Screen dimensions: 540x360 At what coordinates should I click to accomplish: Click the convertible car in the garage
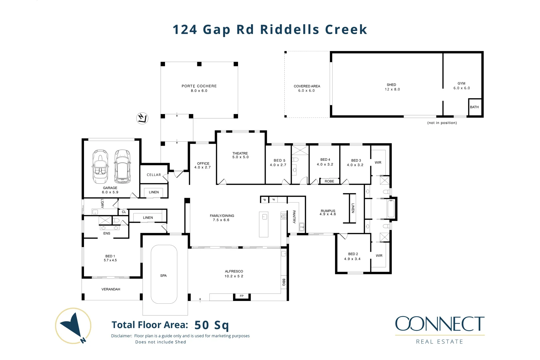(100, 167)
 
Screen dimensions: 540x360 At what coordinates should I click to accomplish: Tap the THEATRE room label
(240, 153)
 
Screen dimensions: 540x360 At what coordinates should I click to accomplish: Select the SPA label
(163, 276)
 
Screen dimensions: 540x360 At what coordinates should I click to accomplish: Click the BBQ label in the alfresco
(284, 282)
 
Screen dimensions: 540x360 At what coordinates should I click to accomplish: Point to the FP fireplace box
(242, 296)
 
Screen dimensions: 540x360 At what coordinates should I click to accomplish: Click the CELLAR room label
(154, 175)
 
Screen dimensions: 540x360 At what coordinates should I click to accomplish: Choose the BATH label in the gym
(474, 107)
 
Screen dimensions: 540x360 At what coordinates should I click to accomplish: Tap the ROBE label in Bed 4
(329, 181)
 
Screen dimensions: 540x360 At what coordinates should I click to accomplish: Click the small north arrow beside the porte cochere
(142, 118)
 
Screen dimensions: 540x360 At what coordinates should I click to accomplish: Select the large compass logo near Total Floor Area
(73, 326)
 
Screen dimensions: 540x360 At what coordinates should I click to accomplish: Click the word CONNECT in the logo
(440, 324)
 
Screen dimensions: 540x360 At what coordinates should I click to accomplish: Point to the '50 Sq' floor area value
(211, 325)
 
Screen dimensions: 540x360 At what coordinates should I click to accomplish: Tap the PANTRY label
(294, 217)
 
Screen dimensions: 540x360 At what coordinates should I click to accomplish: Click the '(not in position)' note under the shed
(442, 123)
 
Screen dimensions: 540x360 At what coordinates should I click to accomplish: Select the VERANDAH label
(111, 289)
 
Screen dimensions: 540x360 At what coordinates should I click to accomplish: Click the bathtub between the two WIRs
(391, 209)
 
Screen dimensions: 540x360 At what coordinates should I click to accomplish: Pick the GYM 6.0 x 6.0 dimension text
(462, 88)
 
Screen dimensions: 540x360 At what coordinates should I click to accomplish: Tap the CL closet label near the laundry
(124, 212)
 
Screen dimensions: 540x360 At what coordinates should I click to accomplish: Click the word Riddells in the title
(290, 29)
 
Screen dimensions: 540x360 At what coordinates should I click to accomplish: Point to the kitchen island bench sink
(265, 217)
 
